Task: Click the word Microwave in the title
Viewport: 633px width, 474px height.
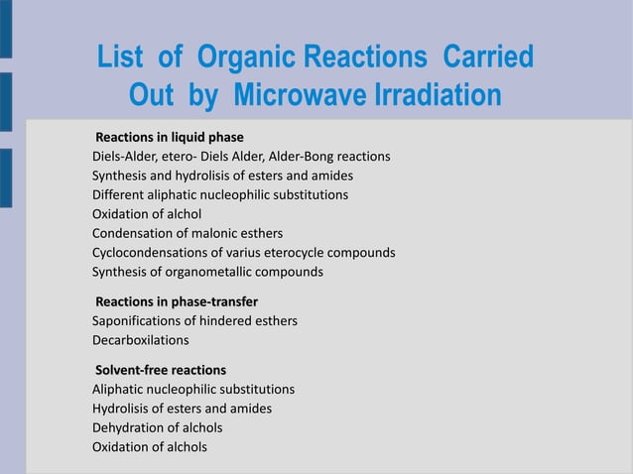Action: click(301, 94)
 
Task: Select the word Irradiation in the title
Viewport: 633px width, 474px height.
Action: click(438, 94)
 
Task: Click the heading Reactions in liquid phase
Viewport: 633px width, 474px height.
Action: click(170, 137)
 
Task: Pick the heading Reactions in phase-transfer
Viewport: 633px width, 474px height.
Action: click(177, 301)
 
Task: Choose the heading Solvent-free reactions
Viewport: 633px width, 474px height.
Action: click(161, 370)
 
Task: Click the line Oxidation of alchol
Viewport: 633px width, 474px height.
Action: click(147, 214)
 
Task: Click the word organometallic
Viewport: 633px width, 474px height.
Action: click(208, 272)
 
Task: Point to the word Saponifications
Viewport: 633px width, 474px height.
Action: click(137, 321)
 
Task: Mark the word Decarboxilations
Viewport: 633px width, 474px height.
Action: click(141, 340)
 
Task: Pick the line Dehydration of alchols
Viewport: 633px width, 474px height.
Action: click(158, 427)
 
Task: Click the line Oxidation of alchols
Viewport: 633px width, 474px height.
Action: click(150, 447)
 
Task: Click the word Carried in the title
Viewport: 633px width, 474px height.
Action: click(488, 57)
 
